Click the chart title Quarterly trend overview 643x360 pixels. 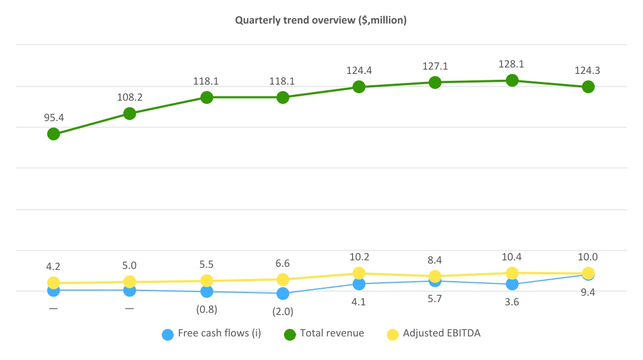click(x=321, y=20)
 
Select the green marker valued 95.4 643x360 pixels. click(x=53, y=134)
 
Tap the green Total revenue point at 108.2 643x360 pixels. click(x=130, y=114)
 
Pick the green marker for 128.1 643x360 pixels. click(x=512, y=80)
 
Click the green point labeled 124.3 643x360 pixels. click(x=588, y=87)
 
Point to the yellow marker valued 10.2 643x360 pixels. click(x=359, y=273)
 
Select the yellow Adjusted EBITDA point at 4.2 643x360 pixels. click(x=53, y=283)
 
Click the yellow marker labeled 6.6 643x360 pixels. click(x=282, y=280)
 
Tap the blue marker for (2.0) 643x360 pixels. click(x=282, y=294)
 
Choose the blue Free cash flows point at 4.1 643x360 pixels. click(x=359, y=284)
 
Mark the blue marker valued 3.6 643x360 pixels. click(x=512, y=284)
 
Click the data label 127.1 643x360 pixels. click(x=435, y=66)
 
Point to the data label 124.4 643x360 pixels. click(x=359, y=70)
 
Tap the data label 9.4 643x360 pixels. click(x=588, y=292)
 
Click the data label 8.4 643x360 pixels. click(x=435, y=261)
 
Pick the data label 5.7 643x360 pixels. click(x=435, y=299)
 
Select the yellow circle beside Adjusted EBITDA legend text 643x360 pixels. click(x=393, y=334)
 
